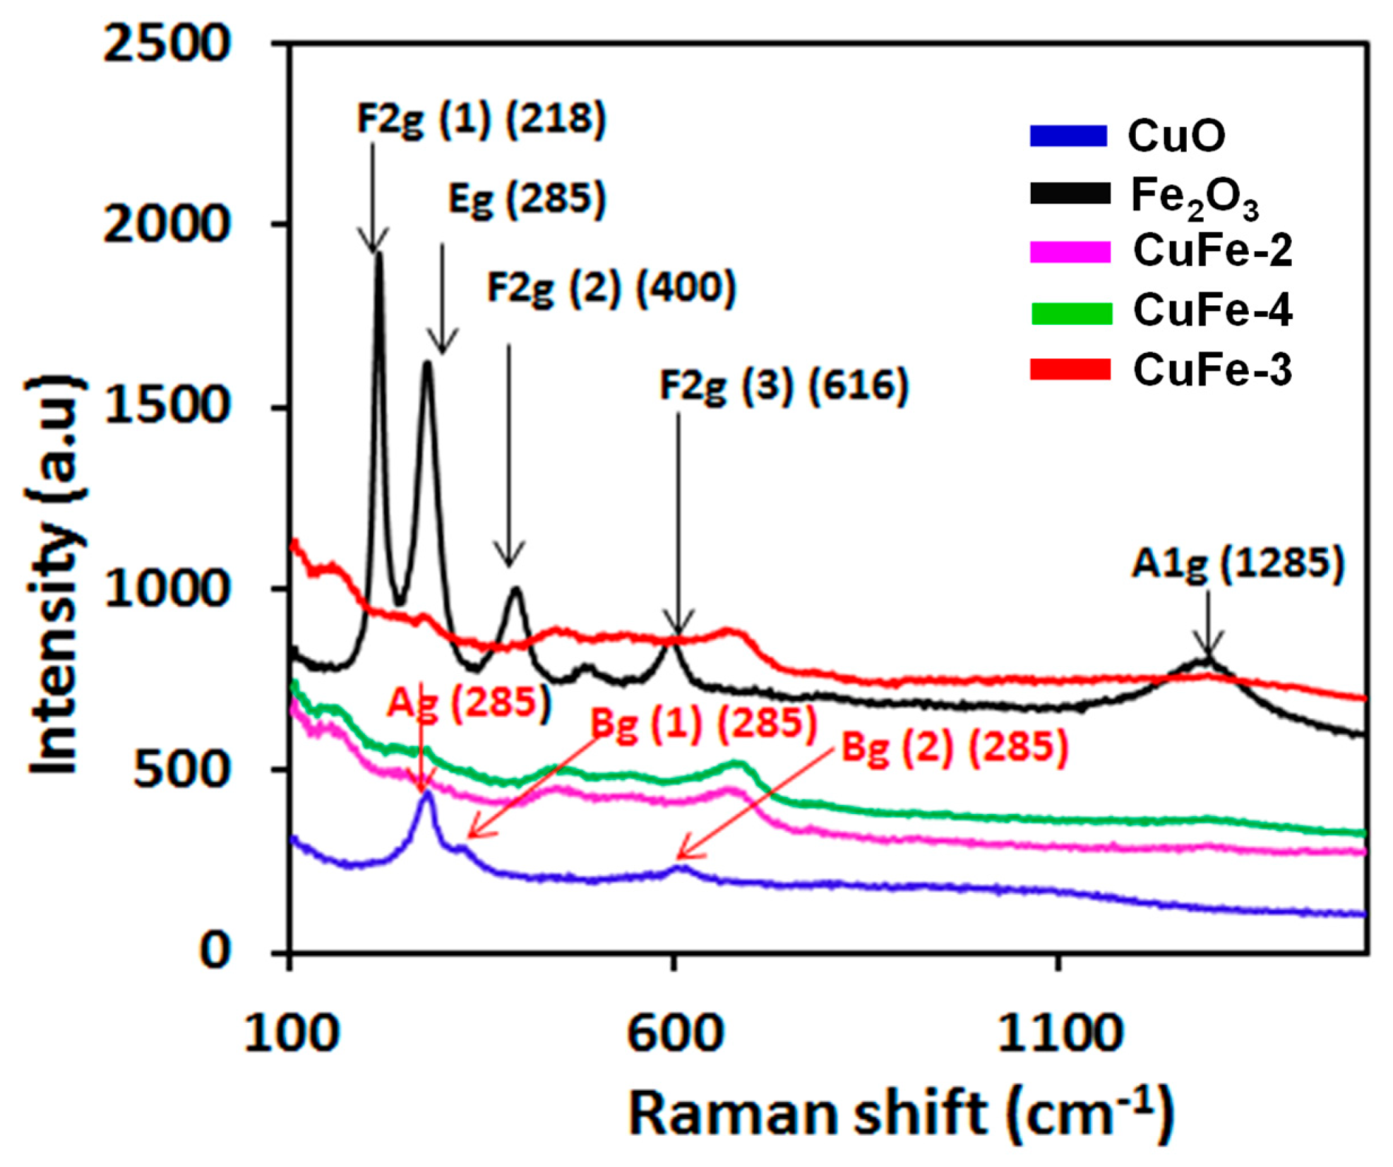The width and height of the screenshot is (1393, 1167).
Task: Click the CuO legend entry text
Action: [1176, 136]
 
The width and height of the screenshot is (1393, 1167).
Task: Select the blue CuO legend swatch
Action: [1068, 136]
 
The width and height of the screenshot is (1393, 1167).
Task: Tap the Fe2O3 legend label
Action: [1194, 197]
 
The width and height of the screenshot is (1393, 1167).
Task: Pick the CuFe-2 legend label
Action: [1212, 251]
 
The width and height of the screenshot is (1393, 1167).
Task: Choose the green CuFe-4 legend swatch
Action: [1071, 312]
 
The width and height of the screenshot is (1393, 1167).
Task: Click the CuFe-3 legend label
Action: [1212, 370]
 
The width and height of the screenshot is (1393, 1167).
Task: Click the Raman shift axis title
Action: [900, 1113]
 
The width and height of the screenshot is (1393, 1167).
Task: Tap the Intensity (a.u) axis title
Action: [53, 575]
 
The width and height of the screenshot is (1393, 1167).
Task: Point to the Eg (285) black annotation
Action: [527, 198]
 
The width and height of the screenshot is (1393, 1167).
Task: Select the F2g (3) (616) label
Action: [784, 386]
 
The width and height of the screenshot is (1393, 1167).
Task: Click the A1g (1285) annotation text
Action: [1238, 565]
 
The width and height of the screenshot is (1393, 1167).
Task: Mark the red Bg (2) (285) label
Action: [955, 747]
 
